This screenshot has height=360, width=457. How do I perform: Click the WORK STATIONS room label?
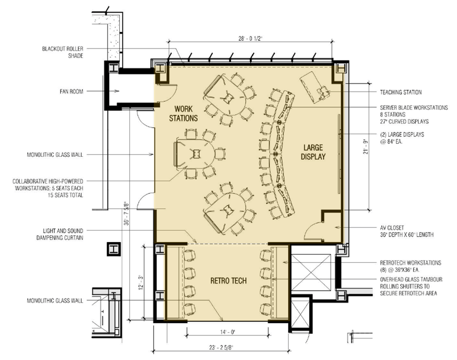click(183, 114)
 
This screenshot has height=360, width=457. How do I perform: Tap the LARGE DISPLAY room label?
click(313, 152)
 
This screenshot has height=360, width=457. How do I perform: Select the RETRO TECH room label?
click(228, 281)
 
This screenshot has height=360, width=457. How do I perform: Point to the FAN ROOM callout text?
click(71, 91)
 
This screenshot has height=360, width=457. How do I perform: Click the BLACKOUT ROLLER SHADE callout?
click(63, 52)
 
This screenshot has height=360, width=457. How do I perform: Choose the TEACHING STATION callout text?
click(401, 92)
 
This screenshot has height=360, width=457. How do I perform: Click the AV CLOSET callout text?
click(406, 231)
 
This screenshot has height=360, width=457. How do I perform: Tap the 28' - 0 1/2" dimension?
click(251, 39)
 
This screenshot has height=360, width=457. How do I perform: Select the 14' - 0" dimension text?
click(227, 332)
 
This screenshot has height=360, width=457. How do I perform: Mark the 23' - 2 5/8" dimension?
click(222, 347)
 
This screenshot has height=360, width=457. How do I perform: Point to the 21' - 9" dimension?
click(366, 147)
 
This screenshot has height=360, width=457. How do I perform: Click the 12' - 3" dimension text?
click(141, 282)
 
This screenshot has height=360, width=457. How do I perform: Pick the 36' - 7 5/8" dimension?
click(126, 213)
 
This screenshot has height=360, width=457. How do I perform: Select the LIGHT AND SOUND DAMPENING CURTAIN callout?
click(60, 234)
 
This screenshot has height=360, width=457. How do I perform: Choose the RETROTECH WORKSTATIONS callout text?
click(410, 266)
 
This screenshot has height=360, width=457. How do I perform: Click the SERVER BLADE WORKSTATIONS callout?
click(414, 114)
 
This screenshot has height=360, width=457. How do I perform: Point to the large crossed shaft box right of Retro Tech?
click(312, 272)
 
